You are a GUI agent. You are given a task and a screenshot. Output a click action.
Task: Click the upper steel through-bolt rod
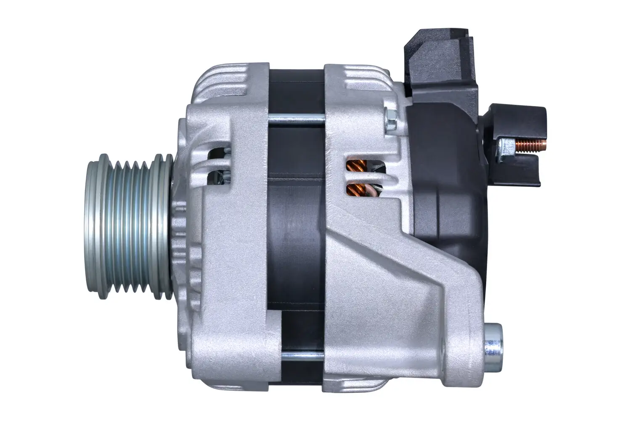296,120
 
